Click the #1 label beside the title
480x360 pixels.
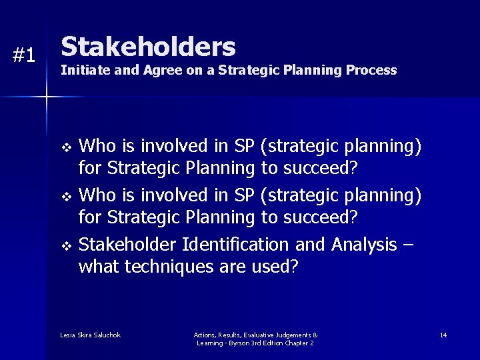click(24, 56)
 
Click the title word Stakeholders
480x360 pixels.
click(148, 47)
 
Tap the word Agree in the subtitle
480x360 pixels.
click(161, 70)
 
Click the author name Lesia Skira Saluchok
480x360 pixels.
click(90, 335)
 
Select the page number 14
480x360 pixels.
click(443, 335)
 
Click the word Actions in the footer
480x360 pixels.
click(205, 335)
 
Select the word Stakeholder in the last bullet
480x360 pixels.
click(123, 245)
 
